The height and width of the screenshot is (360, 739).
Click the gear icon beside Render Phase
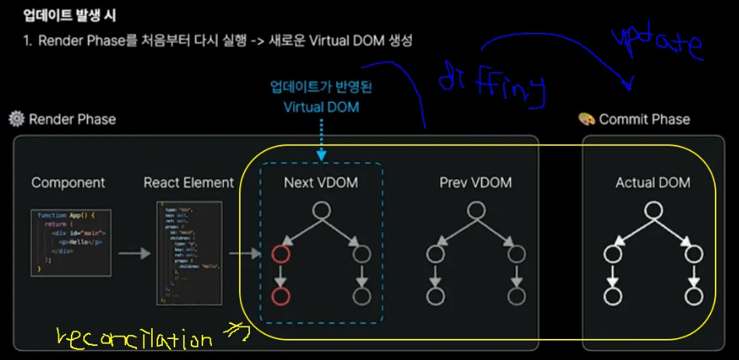(16, 119)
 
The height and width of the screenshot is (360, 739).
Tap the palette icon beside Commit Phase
(586, 119)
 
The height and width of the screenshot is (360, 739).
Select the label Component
(68, 183)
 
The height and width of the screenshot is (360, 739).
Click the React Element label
(188, 183)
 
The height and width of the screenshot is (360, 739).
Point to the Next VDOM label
(320, 183)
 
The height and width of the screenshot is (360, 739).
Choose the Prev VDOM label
(475, 183)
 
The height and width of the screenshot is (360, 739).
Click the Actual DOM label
(653, 183)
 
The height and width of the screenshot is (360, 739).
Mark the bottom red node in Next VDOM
(280, 297)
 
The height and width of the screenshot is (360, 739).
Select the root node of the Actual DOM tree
(653, 210)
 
